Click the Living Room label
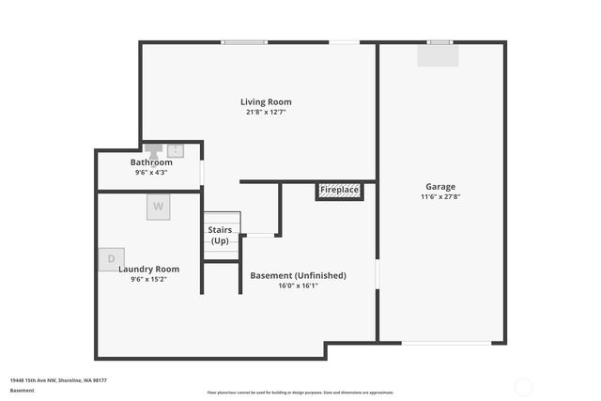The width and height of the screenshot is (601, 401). pyautogui.click(x=266, y=101)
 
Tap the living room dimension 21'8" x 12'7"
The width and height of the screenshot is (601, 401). pyautogui.click(x=266, y=113)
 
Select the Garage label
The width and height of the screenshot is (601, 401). pyautogui.click(x=439, y=186)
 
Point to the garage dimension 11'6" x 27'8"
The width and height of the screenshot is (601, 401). pyautogui.click(x=439, y=197)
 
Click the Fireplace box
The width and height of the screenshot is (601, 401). pyautogui.click(x=339, y=191)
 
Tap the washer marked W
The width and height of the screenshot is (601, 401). pyautogui.click(x=158, y=207)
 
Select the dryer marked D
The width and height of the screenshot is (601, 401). pyautogui.click(x=111, y=258)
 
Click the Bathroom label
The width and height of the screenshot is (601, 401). pyautogui.click(x=151, y=162)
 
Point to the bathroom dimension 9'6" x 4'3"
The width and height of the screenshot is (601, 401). pyautogui.click(x=151, y=173)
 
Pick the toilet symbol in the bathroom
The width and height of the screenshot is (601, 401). pyautogui.click(x=153, y=148)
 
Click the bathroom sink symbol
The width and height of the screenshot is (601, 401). pyautogui.click(x=176, y=149)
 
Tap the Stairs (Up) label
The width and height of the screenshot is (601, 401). pyautogui.click(x=220, y=235)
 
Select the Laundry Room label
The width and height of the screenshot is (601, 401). pyautogui.click(x=148, y=269)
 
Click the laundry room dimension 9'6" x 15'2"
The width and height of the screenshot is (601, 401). pyautogui.click(x=148, y=279)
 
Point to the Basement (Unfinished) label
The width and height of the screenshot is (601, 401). pyautogui.click(x=298, y=275)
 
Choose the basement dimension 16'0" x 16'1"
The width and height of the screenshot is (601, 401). pyautogui.click(x=298, y=286)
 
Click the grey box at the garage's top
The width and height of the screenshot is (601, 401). pyautogui.click(x=439, y=56)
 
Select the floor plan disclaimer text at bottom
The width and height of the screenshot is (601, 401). pyautogui.click(x=300, y=393)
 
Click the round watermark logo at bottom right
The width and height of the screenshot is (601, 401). pyautogui.click(x=523, y=385)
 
